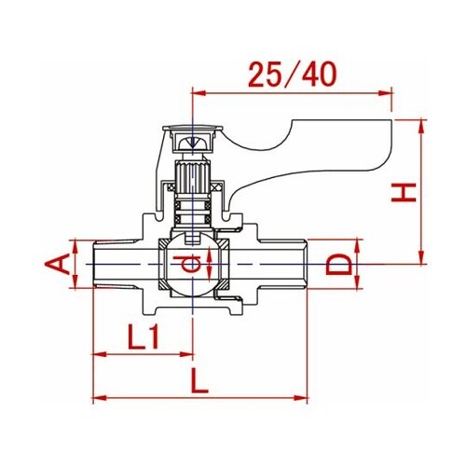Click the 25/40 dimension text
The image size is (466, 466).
(x=293, y=75)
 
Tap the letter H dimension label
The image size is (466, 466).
(x=404, y=193)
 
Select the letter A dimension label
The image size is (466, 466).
(x=58, y=264)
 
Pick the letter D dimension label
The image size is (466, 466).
(x=338, y=265)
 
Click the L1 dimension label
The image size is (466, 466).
(x=144, y=336)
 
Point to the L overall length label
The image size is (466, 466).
(x=199, y=380)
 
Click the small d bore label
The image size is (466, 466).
(x=186, y=264)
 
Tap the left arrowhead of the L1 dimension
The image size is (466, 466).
(x=100, y=354)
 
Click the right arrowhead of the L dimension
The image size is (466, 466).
(x=300, y=398)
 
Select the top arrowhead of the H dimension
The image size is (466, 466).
(x=421, y=127)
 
